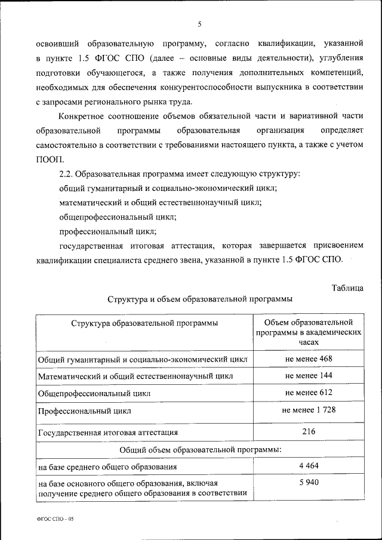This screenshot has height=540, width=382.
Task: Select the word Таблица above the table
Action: pos(347,288)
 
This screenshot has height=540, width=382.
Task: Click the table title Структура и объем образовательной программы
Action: pos(200,300)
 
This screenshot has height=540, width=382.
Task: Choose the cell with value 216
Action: pos(309,431)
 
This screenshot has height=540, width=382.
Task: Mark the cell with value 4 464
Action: pos(309,464)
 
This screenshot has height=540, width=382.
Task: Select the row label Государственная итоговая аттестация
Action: pos(108,432)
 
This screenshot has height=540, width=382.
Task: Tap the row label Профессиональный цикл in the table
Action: pos(84,411)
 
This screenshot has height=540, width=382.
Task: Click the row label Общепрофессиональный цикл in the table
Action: pos(94,393)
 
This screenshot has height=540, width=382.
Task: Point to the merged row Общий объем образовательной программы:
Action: pos(200,448)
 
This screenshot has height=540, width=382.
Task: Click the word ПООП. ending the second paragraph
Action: pos(49,159)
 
